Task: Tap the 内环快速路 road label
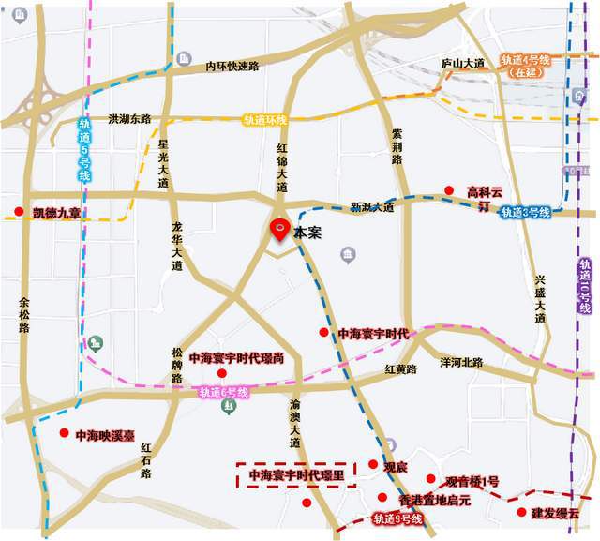(x=232, y=67)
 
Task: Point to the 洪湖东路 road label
(x=129, y=119)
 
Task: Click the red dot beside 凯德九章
(x=19, y=211)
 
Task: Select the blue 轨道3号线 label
(x=524, y=212)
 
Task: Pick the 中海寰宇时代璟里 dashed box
(x=297, y=475)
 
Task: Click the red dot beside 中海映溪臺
(x=64, y=432)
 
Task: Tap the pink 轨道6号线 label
(x=222, y=393)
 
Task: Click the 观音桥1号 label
(x=472, y=481)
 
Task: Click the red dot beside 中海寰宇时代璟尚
(x=222, y=373)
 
